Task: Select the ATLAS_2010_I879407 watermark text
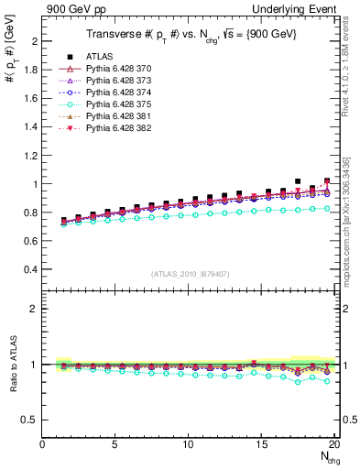[x=190, y=273]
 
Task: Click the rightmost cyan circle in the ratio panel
[x=328, y=381]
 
